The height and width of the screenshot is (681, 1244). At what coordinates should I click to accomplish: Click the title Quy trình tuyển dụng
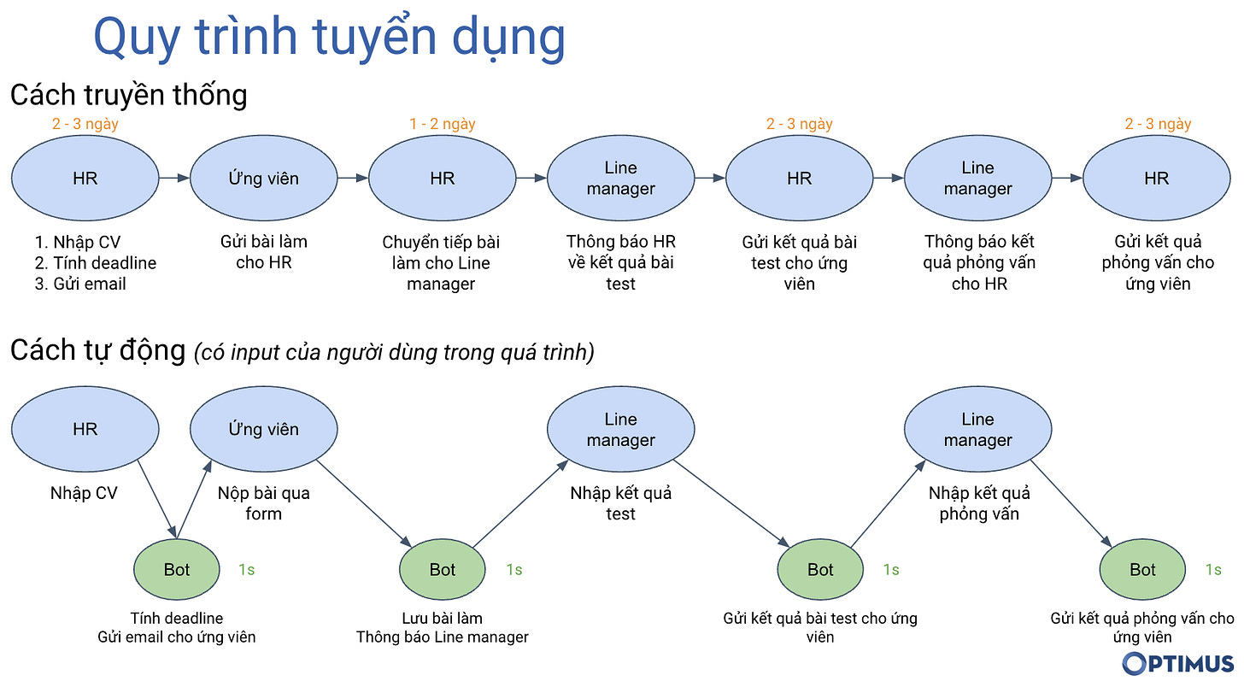click(x=329, y=37)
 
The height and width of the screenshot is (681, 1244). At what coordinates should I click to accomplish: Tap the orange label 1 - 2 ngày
click(x=442, y=124)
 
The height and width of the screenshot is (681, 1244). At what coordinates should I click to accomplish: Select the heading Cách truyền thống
click(x=128, y=94)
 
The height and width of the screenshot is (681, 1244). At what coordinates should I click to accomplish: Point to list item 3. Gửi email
click(x=80, y=284)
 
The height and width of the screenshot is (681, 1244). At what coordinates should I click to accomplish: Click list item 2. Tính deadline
click(x=96, y=262)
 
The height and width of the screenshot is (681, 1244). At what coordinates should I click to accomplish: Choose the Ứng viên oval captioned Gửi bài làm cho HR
click(x=263, y=179)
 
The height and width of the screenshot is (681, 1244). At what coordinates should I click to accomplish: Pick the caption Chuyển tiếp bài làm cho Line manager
click(x=441, y=262)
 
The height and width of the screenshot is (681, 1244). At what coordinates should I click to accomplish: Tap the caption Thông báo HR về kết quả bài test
click(x=620, y=262)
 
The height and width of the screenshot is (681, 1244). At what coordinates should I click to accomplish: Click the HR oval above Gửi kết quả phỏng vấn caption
click(x=1156, y=179)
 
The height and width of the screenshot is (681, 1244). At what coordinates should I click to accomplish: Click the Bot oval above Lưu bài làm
click(x=442, y=570)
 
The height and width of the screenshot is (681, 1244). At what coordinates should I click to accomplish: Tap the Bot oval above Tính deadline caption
click(x=176, y=570)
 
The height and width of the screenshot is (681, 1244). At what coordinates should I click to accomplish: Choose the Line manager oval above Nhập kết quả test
click(x=620, y=430)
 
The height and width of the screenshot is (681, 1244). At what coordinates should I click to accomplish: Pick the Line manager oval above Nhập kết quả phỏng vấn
click(x=977, y=430)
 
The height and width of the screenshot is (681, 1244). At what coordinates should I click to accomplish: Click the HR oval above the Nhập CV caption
click(x=85, y=430)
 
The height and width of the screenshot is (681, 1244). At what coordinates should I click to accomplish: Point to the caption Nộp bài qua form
click(x=263, y=503)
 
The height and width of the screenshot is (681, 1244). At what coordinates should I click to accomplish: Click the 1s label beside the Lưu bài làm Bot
click(x=513, y=570)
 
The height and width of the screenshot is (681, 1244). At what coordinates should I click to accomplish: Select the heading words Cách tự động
click(x=97, y=350)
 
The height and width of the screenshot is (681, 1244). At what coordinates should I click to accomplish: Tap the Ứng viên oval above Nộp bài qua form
click(x=263, y=430)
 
